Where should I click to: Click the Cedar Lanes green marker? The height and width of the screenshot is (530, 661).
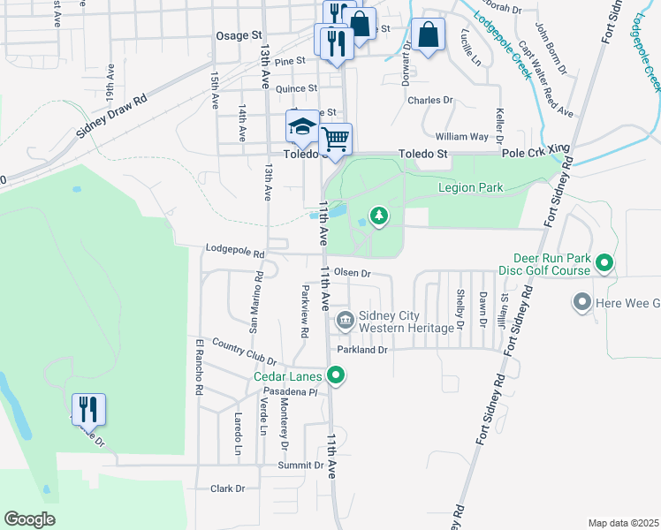[x=336, y=377]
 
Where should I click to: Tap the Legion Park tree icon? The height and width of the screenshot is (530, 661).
[x=379, y=216]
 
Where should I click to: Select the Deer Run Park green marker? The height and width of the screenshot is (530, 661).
[x=604, y=262]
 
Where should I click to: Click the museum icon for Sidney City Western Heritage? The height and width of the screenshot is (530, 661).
[x=345, y=319]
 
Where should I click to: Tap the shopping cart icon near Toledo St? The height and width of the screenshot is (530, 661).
[x=336, y=140]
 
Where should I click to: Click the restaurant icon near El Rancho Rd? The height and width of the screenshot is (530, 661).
[x=88, y=410]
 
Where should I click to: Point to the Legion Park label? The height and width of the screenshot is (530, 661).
[x=470, y=188]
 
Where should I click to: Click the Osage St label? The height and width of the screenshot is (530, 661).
[x=240, y=35]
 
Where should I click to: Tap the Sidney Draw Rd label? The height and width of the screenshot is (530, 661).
[x=110, y=117]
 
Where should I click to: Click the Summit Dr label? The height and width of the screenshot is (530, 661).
[x=300, y=465]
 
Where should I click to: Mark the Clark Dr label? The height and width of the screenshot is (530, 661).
[x=227, y=488]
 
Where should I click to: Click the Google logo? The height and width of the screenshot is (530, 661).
[x=29, y=519]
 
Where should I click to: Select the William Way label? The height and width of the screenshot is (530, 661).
[x=461, y=137]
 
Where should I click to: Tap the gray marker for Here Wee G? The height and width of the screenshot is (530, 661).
[x=581, y=303]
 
